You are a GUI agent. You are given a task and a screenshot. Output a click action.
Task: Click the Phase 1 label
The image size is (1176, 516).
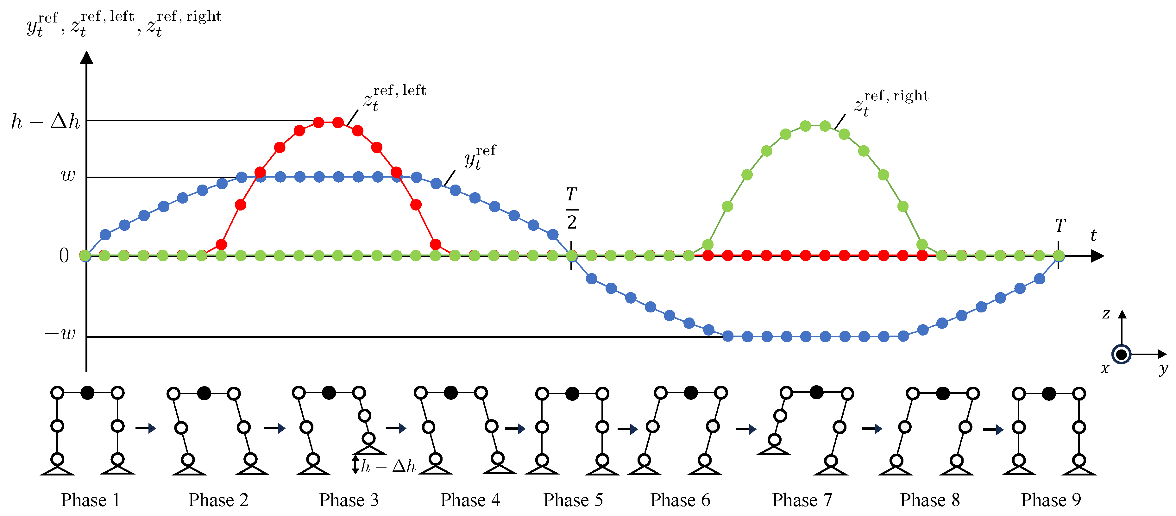91,500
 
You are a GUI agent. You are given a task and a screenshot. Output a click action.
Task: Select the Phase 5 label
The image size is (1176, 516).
573,500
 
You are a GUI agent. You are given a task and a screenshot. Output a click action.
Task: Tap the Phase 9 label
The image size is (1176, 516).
1050,500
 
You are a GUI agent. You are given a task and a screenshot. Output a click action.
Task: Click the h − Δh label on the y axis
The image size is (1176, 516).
46,122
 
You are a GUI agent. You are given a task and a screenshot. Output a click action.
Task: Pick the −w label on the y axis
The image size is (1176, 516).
60,333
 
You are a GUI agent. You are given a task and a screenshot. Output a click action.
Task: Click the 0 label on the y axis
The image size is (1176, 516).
64,256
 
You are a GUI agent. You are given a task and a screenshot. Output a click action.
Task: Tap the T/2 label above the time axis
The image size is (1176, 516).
572,208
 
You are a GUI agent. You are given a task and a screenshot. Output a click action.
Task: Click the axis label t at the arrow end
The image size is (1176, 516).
1093,236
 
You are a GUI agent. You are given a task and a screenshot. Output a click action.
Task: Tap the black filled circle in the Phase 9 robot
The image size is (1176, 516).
1049,393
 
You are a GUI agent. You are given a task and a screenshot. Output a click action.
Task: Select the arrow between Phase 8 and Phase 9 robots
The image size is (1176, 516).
993,430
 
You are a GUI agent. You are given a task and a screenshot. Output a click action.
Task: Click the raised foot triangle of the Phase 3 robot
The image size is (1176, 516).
369,449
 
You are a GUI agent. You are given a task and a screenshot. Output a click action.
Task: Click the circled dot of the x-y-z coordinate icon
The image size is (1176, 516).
1121,354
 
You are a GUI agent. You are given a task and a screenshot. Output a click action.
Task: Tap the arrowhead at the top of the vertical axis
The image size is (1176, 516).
86,58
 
